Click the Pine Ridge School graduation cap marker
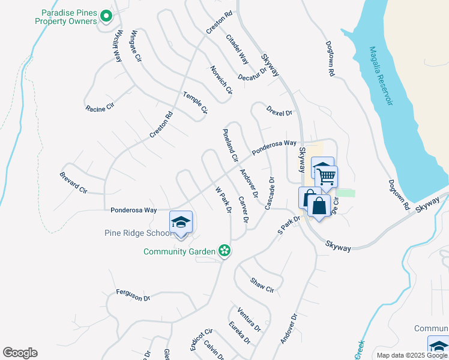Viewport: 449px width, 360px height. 181,223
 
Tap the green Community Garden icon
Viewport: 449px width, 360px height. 224,250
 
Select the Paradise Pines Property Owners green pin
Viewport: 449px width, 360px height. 106,16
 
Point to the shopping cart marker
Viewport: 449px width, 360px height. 327,177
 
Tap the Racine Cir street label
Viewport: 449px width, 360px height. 100,108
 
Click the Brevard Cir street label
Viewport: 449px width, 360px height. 74,182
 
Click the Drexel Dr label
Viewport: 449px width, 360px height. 279,112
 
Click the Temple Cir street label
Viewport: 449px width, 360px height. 195,102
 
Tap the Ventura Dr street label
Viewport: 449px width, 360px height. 249,320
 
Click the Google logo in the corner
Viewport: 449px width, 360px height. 20,353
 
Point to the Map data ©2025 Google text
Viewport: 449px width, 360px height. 412,355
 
